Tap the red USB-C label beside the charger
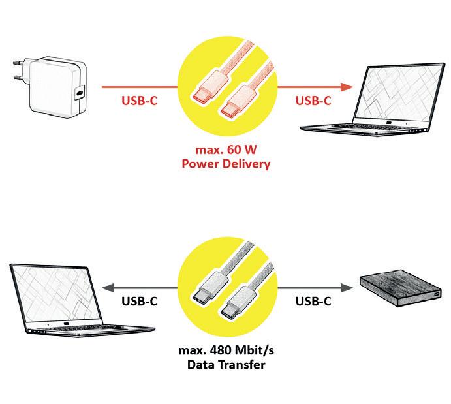click(x=139, y=101)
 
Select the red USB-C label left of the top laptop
click(x=313, y=101)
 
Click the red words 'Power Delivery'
click(x=226, y=164)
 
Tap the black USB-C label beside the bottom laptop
click(x=139, y=302)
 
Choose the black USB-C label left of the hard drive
click(x=313, y=302)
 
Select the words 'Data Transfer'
click(x=226, y=365)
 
